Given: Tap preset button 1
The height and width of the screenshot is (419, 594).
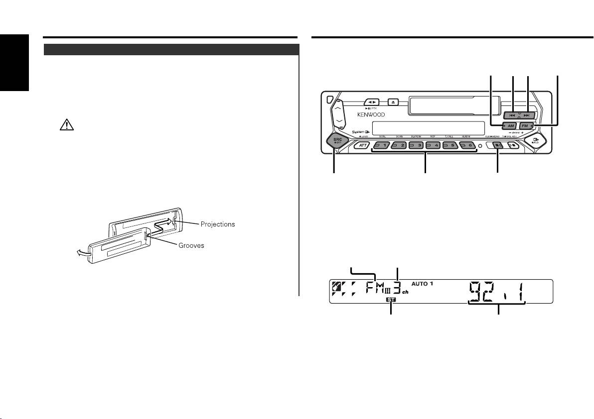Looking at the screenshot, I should [383, 145].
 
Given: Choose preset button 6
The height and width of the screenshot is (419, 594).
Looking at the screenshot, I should [468, 145].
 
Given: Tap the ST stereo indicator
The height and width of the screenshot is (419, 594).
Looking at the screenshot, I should [391, 300].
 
